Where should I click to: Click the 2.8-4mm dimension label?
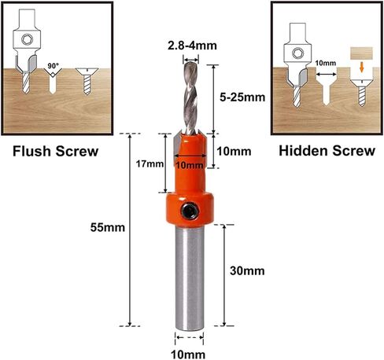click(x=192, y=46)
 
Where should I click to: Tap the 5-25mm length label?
click(x=242, y=97)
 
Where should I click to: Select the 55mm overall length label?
click(x=108, y=227)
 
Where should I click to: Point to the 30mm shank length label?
click(x=247, y=270)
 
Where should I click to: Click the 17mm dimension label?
click(x=150, y=164)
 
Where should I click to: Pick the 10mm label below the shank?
click(x=188, y=354)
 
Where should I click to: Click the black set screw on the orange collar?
click(x=190, y=210)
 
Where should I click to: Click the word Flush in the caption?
click(x=31, y=151)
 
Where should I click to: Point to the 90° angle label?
click(x=54, y=65)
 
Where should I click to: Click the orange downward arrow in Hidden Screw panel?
click(x=362, y=67)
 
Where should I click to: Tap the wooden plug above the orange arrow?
click(x=361, y=53)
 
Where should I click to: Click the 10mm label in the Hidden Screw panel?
click(x=326, y=63)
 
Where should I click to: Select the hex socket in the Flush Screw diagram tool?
click(x=27, y=40)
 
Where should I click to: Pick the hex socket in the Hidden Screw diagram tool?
click(x=298, y=53)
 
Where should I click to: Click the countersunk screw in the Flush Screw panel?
click(x=87, y=81)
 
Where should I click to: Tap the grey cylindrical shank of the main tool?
click(x=190, y=277)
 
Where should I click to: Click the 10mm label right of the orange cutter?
click(x=234, y=152)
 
